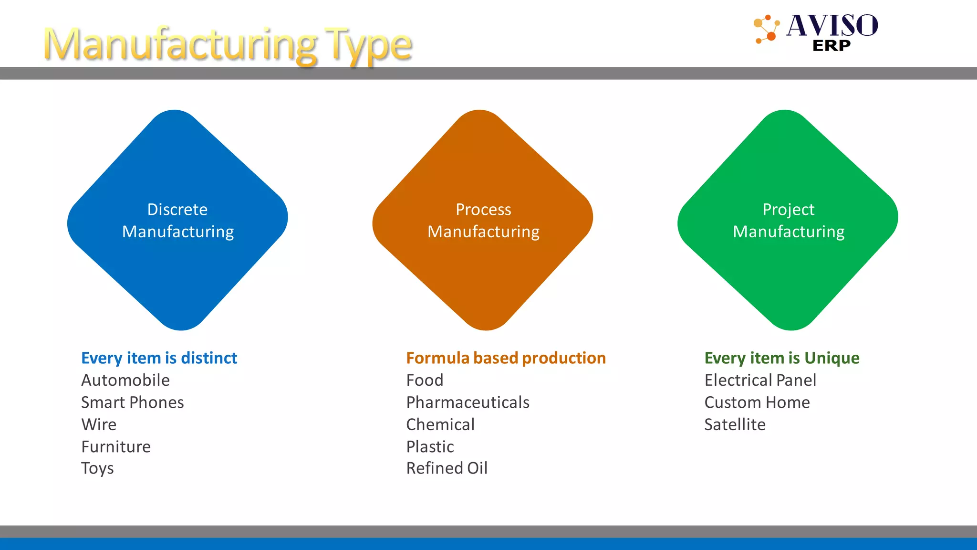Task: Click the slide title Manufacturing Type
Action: coord(228,44)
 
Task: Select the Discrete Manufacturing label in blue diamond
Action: coord(178,221)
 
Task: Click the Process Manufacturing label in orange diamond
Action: coord(483,221)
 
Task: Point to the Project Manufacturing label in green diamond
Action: coord(789,221)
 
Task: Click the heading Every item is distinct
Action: coord(159,358)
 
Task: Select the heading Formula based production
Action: coord(506,358)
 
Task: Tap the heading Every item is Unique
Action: coord(782,358)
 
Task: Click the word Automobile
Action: coord(125,381)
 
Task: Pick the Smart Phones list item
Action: coord(132,402)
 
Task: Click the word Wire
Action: coord(99,424)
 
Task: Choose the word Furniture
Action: coord(116,447)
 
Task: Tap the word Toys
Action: coord(97,468)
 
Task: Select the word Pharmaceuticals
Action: coord(468,402)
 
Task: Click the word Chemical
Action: coord(440,424)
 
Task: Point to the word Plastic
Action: coord(430,447)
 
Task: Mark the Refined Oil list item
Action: coord(447,468)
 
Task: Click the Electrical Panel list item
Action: coord(760,381)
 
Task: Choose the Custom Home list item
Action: coord(757,402)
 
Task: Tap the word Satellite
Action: coord(735,424)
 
